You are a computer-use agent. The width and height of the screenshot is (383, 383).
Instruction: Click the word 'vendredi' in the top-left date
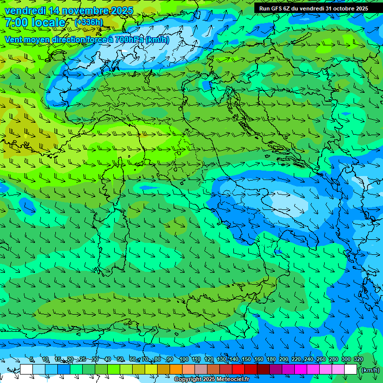coord(25,10)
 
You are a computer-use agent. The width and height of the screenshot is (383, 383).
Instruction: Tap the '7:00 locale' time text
coord(35,23)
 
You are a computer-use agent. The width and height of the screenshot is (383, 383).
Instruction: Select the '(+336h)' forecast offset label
coord(89,22)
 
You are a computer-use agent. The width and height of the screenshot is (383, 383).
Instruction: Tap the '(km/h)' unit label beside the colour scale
coord(370,370)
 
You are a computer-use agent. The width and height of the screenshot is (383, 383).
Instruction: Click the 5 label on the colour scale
coord(31,359)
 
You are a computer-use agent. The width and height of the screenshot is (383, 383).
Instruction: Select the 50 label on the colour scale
coord(120,359)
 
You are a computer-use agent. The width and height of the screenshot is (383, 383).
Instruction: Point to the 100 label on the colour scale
coord(184,359)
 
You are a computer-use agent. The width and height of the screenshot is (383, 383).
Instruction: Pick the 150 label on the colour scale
coord(246,359)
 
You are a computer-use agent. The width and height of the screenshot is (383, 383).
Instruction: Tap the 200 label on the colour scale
coord(284,359)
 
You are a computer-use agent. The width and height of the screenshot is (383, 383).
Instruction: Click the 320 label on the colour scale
coord(359,359)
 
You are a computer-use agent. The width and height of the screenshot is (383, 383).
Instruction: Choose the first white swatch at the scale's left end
coord(26,370)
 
